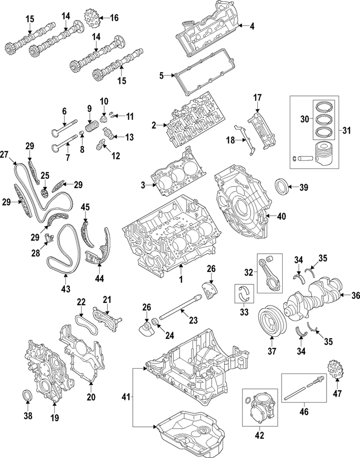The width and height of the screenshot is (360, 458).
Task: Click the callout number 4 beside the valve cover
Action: (252, 27)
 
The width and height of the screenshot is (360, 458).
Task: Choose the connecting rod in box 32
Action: (270, 271)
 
